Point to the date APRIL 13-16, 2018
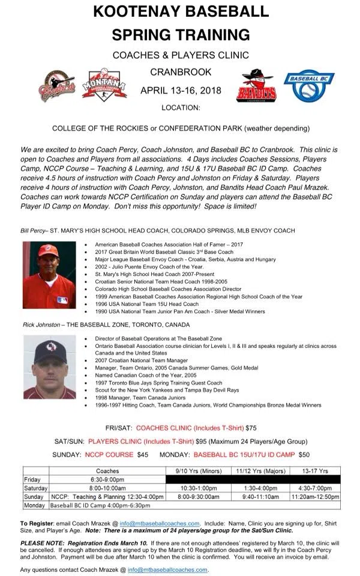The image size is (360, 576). click(181, 91)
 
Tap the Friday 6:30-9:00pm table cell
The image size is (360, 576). click(108, 480)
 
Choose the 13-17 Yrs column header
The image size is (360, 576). click(315, 471)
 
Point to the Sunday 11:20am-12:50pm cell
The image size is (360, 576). click(315, 497)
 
